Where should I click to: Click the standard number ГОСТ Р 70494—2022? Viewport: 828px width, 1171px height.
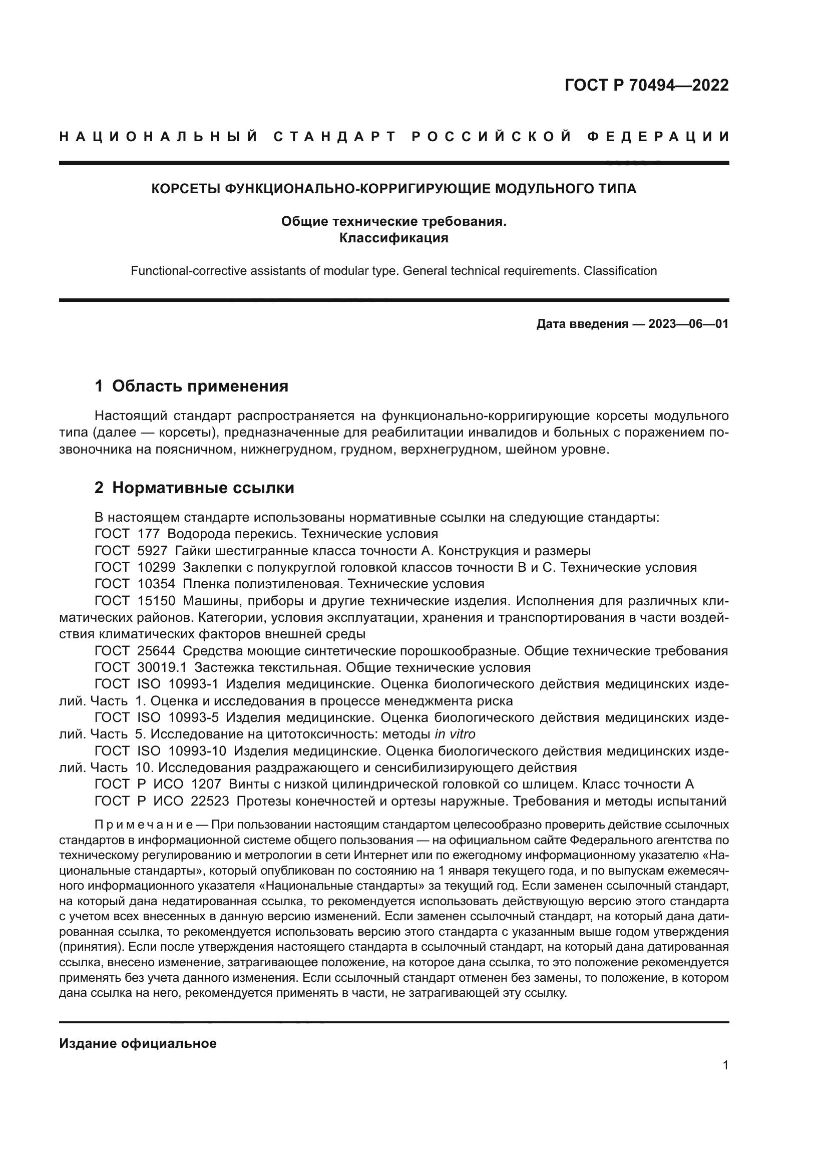(646, 85)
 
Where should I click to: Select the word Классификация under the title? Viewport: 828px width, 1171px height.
(393, 238)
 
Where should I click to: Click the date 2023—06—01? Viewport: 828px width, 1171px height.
(688, 324)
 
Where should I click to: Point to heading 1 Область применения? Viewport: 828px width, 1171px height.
(191, 386)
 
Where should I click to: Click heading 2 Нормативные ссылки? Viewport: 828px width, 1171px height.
(194, 488)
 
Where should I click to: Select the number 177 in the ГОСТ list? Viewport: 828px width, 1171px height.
(148, 534)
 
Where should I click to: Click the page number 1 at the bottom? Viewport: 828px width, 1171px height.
(725, 1065)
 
